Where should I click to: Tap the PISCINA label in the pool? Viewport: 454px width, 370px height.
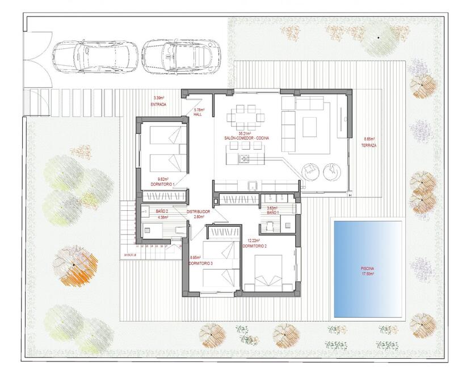[367, 269]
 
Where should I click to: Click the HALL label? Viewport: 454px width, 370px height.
[198, 114]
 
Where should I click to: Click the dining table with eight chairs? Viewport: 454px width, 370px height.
[245, 120]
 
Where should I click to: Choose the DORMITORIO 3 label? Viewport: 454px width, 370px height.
[201, 262]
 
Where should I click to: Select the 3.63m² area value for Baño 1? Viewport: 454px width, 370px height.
[273, 207]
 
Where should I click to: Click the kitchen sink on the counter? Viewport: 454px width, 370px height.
[253, 184]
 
